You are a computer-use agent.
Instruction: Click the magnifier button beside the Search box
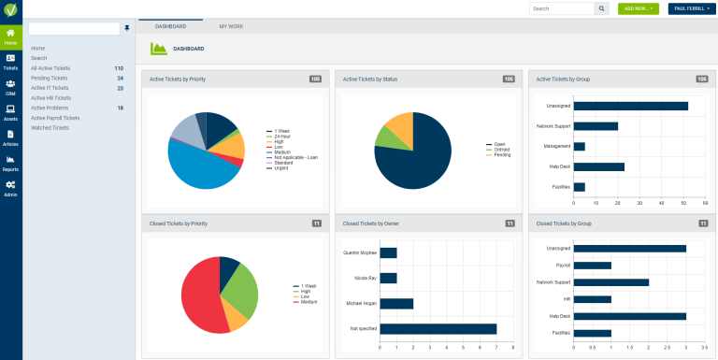pos(601,8)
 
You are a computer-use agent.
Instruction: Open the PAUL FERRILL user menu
pos(690,8)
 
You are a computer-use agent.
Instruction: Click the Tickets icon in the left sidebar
pos(10,62)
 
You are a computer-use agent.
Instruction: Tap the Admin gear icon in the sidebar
pos(10,188)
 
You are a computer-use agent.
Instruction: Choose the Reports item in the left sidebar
pos(10,163)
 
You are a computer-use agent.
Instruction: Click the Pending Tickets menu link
pos(49,78)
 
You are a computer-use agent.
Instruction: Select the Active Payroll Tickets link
pos(55,118)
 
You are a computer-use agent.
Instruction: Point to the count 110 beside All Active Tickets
pos(119,68)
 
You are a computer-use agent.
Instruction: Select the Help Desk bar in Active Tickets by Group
pos(598,166)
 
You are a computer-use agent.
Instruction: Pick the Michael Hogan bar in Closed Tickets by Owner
pos(396,303)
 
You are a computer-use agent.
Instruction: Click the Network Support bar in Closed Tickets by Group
pos(610,281)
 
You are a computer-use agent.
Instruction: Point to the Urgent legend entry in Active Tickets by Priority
pos(280,167)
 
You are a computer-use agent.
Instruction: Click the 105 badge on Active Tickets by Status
pos(509,79)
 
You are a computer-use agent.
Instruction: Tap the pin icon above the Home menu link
pos(127,29)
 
